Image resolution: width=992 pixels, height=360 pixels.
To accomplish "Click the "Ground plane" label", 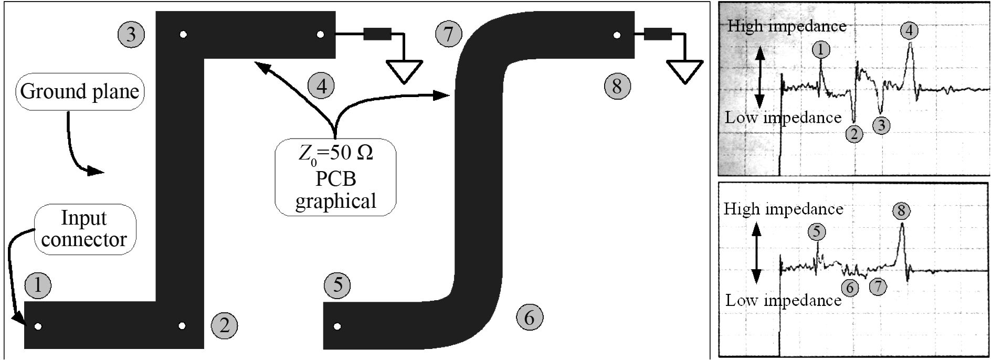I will (x=80, y=91).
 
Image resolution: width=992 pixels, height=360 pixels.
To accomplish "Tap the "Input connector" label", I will (x=84, y=229).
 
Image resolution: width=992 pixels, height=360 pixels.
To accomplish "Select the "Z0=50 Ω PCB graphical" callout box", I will (x=335, y=177).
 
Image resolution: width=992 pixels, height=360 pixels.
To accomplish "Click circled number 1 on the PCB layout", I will (x=37, y=285).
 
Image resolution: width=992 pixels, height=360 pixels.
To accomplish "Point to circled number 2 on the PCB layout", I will (x=225, y=325).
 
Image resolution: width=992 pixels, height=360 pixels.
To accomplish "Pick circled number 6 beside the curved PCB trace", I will (x=529, y=317).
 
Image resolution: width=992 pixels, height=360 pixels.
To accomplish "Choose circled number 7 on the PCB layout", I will (x=448, y=34).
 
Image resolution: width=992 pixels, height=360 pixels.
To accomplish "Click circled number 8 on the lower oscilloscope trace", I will (x=901, y=211).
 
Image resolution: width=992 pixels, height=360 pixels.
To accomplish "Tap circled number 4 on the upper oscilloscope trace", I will (x=909, y=30).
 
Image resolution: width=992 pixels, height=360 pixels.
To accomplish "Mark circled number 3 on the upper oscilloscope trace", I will (x=881, y=125).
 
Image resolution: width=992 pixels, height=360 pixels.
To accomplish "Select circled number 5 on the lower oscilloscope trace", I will (x=816, y=231).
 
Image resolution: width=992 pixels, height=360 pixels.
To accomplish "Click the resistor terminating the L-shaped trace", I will (x=377, y=35).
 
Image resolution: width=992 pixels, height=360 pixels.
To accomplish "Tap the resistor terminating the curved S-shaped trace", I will (x=658, y=35).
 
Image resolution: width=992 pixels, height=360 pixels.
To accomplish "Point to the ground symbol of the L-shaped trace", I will (x=404, y=71).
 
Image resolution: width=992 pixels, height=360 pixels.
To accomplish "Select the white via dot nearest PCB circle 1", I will (x=38, y=326).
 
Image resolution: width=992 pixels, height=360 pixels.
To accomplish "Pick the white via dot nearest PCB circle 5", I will (x=337, y=326).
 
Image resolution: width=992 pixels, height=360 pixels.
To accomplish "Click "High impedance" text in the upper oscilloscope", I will (x=787, y=26).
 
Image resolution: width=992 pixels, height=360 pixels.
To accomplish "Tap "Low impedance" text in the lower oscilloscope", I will (x=783, y=300).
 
